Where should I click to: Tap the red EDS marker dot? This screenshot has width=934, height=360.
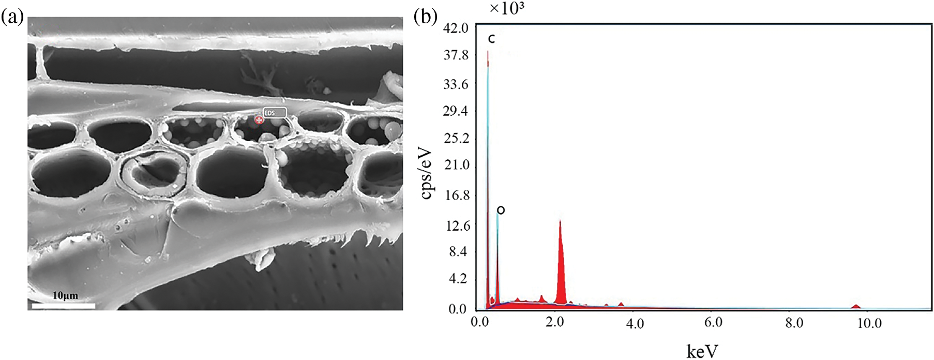coord(259,120)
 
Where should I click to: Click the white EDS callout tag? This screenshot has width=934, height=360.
coord(274,113)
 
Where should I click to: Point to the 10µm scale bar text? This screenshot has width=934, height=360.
coord(65,296)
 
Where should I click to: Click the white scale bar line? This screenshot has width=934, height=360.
coord(63,306)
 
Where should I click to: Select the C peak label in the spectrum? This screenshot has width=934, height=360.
coord(492,39)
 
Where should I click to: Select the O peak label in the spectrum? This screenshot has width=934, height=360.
coord(501,210)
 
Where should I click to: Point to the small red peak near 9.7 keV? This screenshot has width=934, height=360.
coord(856,306)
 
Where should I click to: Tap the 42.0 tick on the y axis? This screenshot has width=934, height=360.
coord(456,28)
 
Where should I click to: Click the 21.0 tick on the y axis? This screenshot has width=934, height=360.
coord(456,166)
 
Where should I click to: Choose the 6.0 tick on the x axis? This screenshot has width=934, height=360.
coord(713,323)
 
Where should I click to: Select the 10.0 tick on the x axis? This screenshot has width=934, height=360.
coord(869,323)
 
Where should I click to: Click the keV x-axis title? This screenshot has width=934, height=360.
coord(702,351)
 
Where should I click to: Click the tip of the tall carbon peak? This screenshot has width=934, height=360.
coord(488,52)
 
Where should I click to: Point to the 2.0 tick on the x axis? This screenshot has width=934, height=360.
coord(555,323)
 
